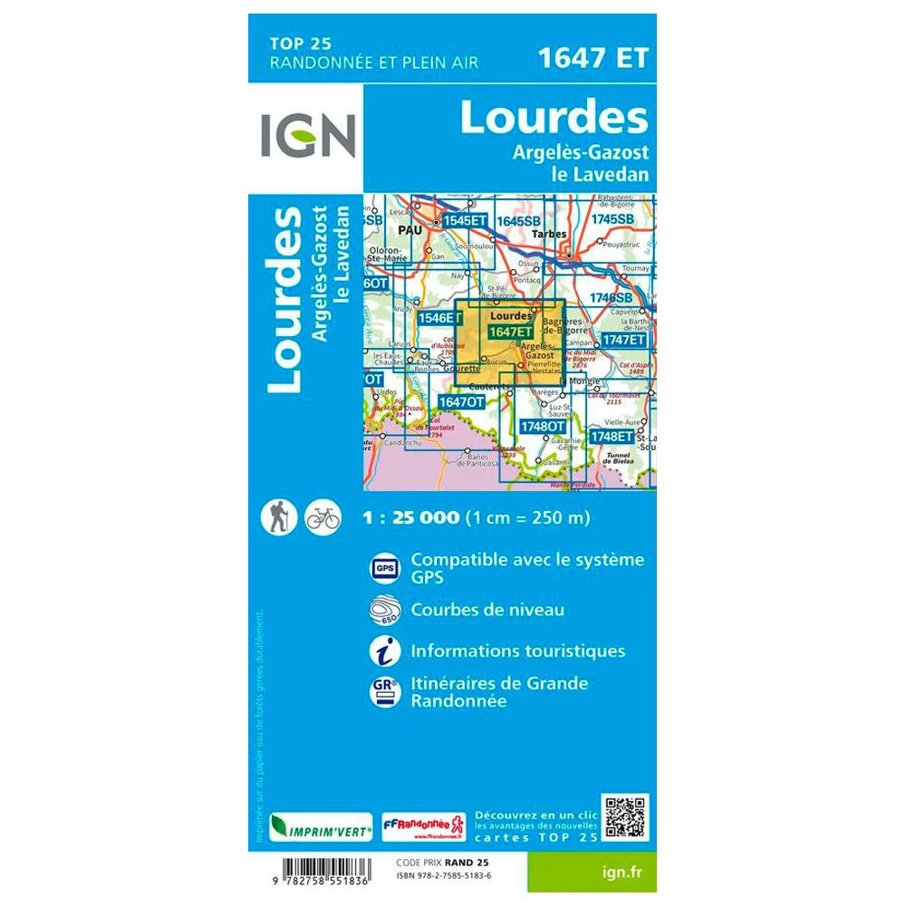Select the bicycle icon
pos(323,517)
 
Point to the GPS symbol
pos(382,567)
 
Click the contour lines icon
pos(382,610)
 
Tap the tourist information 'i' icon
pos(382,651)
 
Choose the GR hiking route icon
pos(382,692)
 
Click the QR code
pos(626,817)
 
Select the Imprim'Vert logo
pos(309,827)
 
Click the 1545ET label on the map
pos(466,220)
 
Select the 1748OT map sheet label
pos(544,426)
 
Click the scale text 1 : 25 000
pos(410,519)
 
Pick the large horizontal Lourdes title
pos(554,118)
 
